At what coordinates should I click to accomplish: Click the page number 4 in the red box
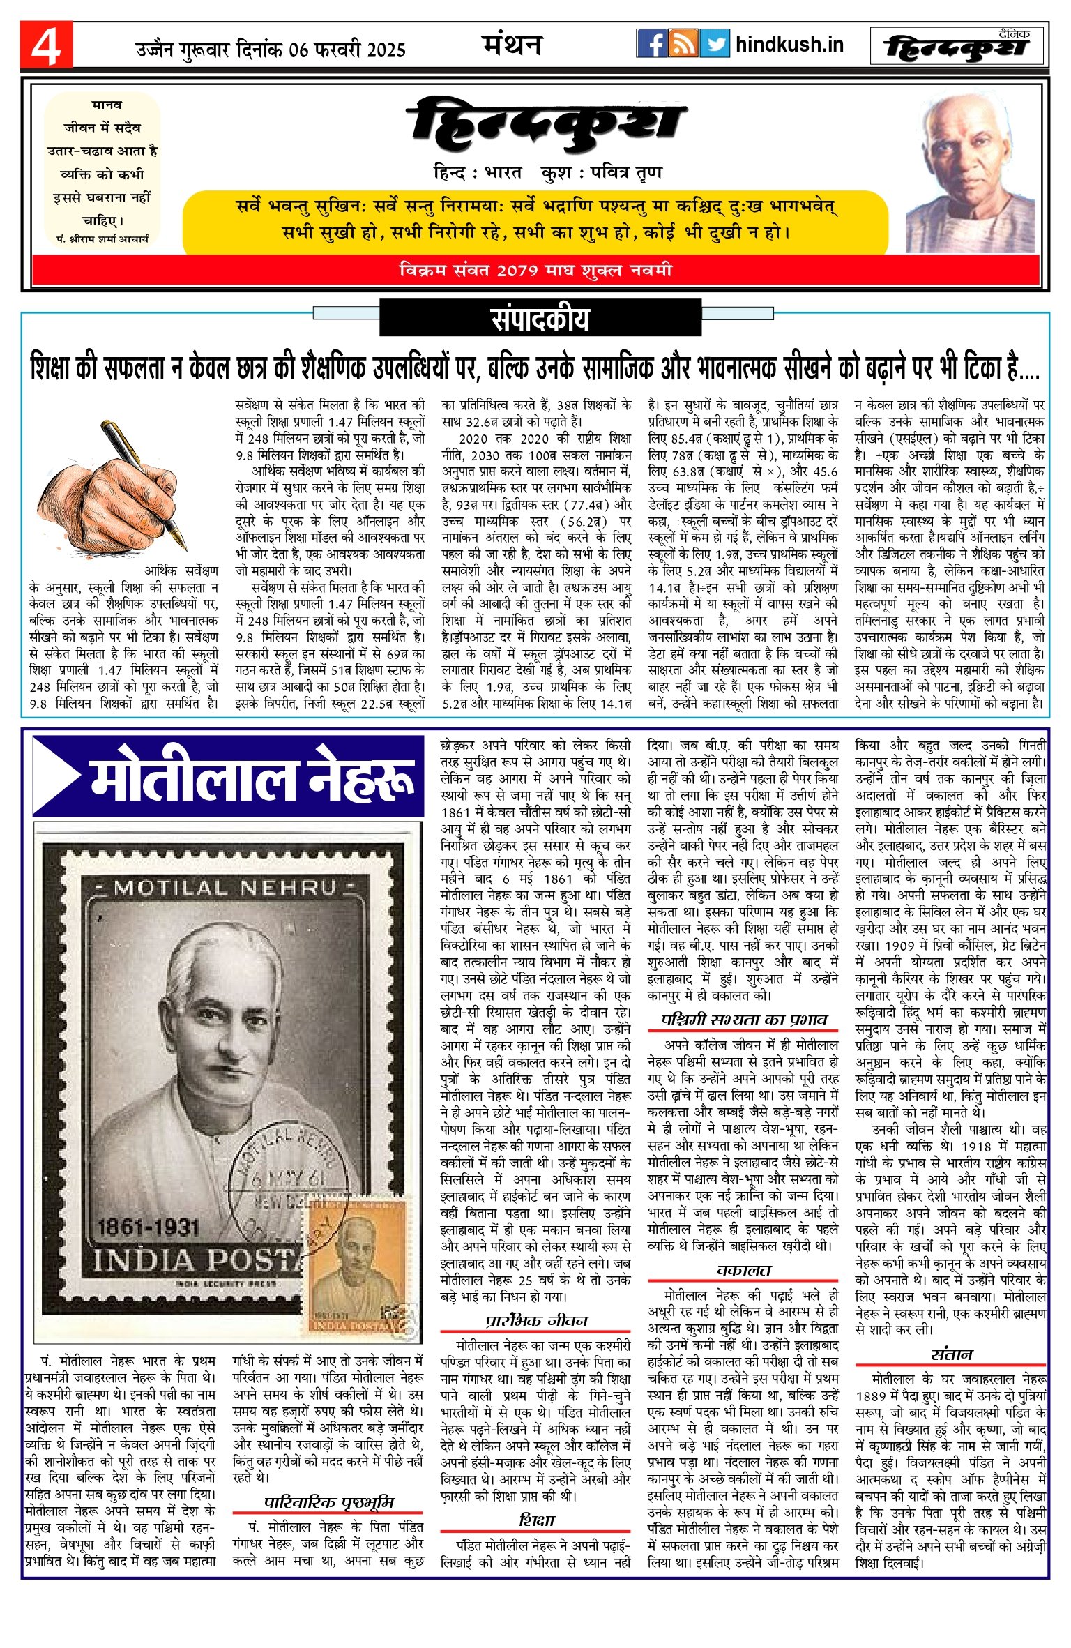(x=46, y=46)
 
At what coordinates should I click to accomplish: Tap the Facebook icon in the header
(x=652, y=43)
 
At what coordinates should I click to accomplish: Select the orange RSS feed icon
(x=683, y=43)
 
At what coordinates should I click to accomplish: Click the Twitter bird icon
(x=714, y=43)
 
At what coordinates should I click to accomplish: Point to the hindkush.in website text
(x=789, y=45)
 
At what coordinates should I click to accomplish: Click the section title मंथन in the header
(x=512, y=45)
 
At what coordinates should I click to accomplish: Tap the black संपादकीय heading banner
(x=540, y=318)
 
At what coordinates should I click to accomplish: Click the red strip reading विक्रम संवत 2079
(x=535, y=270)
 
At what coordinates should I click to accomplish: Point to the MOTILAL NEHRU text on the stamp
(x=225, y=888)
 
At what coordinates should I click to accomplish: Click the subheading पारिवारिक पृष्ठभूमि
(x=329, y=1502)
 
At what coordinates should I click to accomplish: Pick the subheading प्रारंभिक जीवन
(x=536, y=1320)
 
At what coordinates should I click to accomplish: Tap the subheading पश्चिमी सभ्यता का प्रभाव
(x=743, y=1019)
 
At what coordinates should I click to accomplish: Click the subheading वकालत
(x=743, y=1270)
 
